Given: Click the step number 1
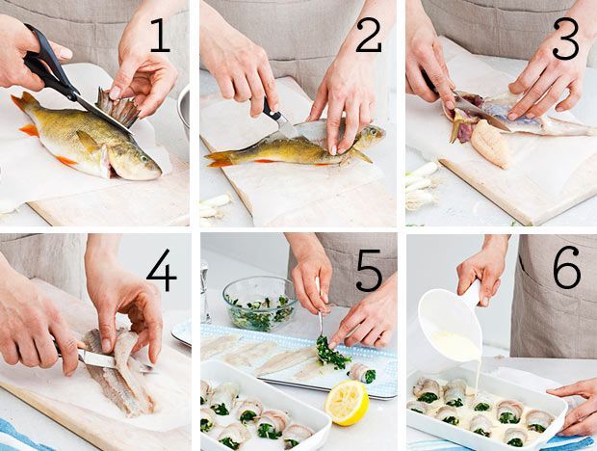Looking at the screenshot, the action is point(161,36).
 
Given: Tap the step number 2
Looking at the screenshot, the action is point(369,36).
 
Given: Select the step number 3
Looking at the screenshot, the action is point(566,39).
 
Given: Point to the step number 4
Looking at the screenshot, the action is point(162,270).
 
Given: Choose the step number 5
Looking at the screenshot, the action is point(369,270).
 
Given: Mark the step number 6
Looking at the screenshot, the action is point(567,267).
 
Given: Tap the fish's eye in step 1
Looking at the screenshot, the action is point(143,158).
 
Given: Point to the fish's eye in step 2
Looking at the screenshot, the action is point(372,132).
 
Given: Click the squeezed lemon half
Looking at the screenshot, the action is point(347,402).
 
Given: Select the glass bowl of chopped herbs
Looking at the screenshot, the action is point(260,304).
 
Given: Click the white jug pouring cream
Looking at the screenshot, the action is point(454,320).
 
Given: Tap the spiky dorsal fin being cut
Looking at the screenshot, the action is point(117,107).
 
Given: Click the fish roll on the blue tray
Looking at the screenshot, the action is point(362,373).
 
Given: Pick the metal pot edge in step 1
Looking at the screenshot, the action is point(184,111).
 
